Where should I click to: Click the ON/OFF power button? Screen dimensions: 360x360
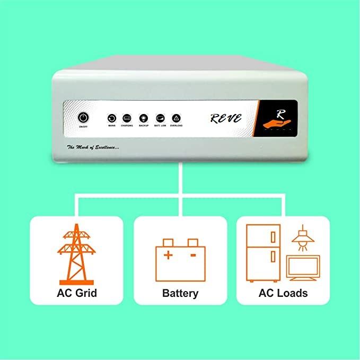pos(84,117)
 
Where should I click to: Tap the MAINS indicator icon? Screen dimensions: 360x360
pos(112,118)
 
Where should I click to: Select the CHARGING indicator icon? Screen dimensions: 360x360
pos(127,118)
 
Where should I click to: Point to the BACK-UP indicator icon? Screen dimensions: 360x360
pos(143,118)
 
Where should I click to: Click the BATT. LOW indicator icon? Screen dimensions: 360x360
pos(160,118)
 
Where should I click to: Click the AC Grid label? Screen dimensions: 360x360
pos(77,293)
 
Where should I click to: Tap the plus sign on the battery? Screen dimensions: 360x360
pos(168,256)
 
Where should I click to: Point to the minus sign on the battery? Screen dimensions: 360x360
pos(192,256)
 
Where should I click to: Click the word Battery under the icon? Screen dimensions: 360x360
pos(180,293)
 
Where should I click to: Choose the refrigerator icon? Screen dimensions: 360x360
pos(263,251)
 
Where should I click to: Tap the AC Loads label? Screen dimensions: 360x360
pos(283,293)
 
